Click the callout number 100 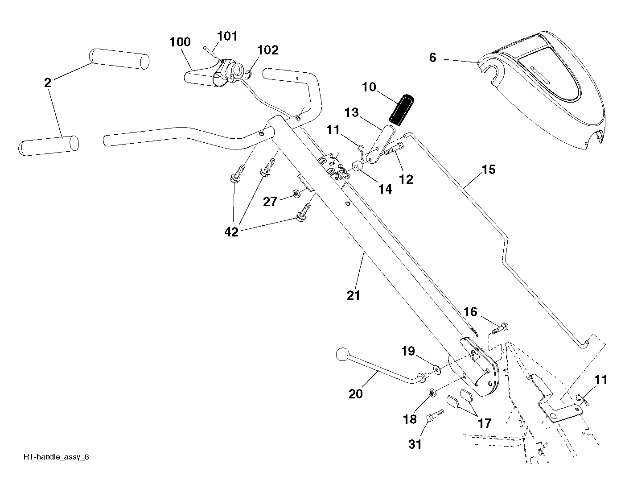(180, 42)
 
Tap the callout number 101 (227, 36)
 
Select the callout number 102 (267, 50)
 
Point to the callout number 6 (433, 58)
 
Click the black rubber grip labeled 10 (401, 110)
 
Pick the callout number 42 (231, 232)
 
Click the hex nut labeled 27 (296, 193)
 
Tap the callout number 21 (353, 295)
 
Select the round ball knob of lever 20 (343, 355)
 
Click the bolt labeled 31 (435, 415)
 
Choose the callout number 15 (488, 170)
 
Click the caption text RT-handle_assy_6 (56, 457)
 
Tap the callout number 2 (48, 83)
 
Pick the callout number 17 (484, 423)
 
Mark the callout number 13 (352, 112)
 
